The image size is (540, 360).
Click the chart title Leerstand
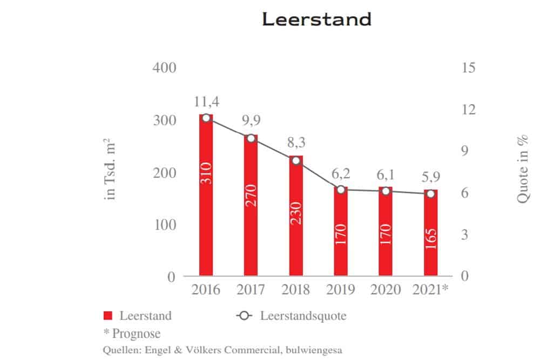pyautogui.click(x=316, y=19)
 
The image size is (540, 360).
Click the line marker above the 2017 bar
pyautogui.click(x=251, y=138)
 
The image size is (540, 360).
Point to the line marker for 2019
pyautogui.click(x=341, y=189)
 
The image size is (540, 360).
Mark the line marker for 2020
pyautogui.click(x=386, y=191)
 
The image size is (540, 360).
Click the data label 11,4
pyautogui.click(x=206, y=101)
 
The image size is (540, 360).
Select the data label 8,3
pyautogui.click(x=295, y=144)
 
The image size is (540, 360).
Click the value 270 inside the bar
pyautogui.click(x=251, y=202)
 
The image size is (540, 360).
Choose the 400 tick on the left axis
pyautogui.click(x=165, y=68)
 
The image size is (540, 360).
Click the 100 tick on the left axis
pyautogui.click(x=165, y=225)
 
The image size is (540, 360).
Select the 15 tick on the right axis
pyautogui.click(x=468, y=68)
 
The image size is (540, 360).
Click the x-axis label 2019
pyautogui.click(x=341, y=290)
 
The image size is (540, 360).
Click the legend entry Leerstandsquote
pyautogui.click(x=303, y=316)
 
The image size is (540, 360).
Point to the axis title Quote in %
pyautogui.click(x=522, y=169)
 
